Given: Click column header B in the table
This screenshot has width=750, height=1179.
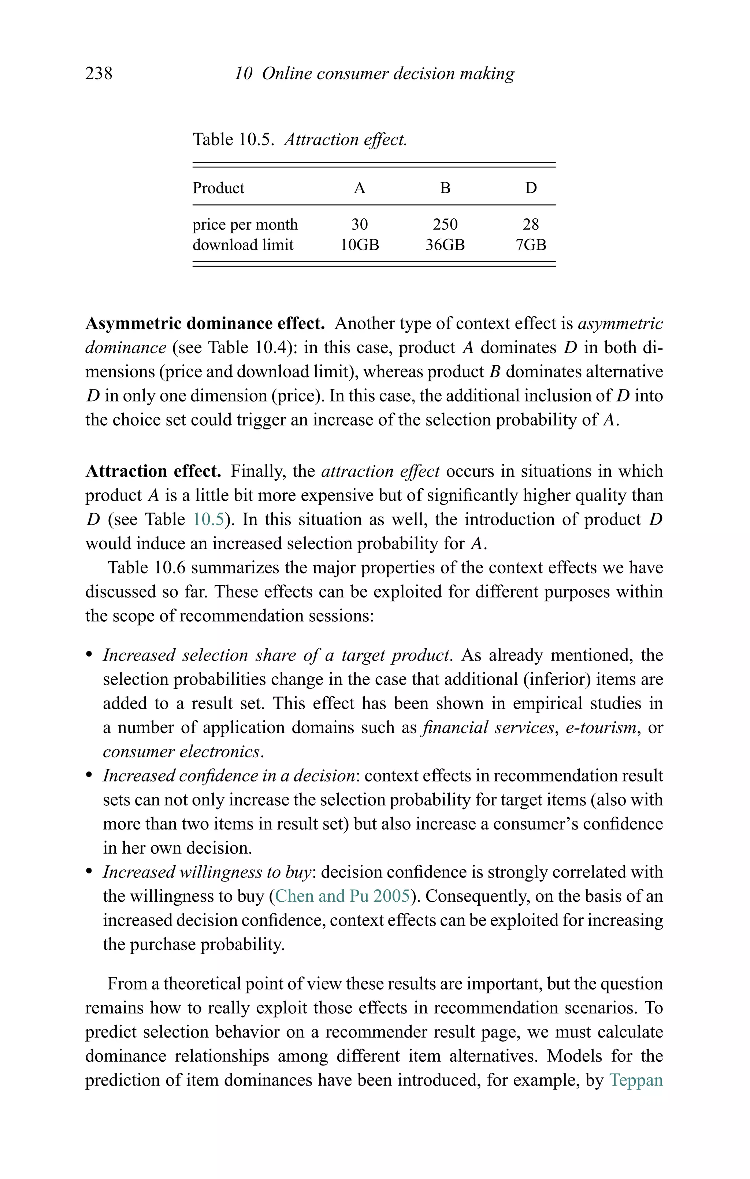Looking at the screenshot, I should (445, 188).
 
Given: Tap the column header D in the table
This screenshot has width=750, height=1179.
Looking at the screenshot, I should (531, 188).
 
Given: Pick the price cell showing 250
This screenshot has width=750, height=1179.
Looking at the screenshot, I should (445, 225).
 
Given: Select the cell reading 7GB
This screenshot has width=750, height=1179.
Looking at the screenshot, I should (531, 245).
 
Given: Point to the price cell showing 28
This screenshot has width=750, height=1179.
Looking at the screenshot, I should (531, 225).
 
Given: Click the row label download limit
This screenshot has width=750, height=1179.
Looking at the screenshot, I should (243, 245).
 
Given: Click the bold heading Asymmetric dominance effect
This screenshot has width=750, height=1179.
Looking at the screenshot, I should (205, 324).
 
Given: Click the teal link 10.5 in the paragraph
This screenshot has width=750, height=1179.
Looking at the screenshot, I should (208, 520).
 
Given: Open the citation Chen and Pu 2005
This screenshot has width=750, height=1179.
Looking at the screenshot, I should (342, 897).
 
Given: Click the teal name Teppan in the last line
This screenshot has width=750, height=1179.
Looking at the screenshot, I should (636, 1080).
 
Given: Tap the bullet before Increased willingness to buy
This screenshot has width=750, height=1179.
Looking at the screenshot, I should (89, 872).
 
